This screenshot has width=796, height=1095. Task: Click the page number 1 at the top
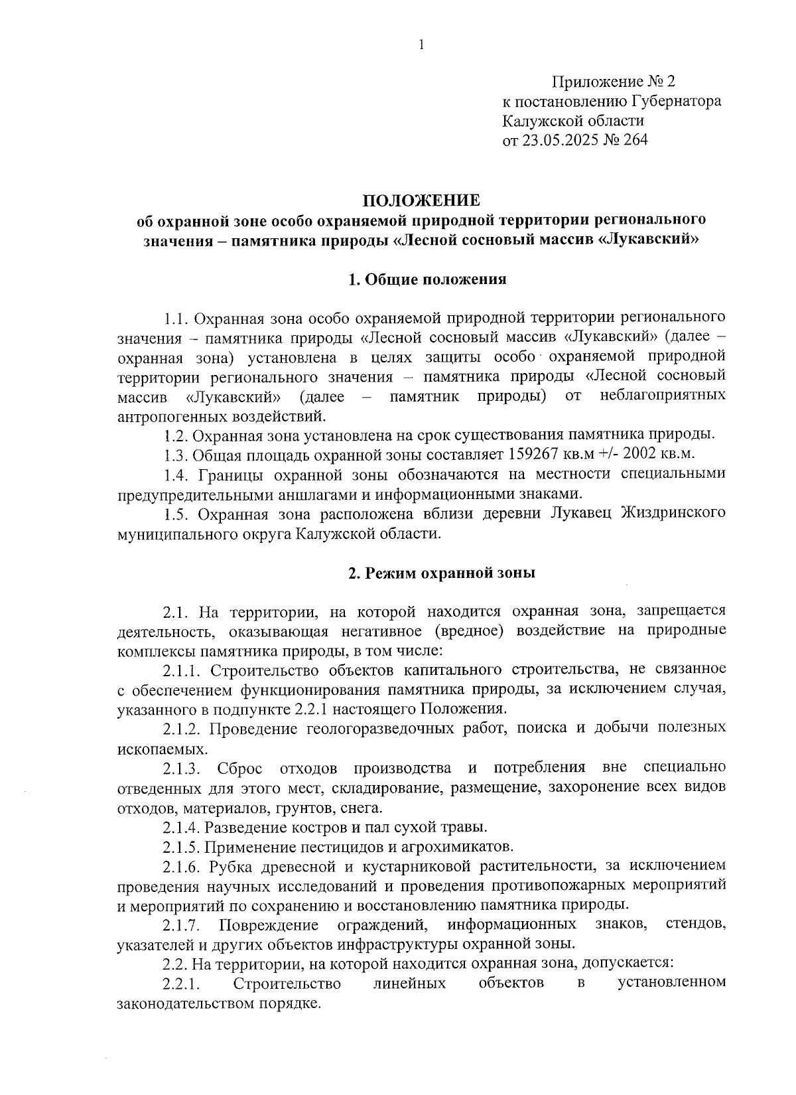(421, 45)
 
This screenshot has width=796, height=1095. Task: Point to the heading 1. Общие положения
(428, 279)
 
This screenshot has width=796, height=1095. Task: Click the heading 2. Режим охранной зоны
(442, 573)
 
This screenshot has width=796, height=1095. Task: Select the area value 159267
(533, 455)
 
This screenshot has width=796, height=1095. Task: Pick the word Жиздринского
(677, 514)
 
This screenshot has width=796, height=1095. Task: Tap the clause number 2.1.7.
(182, 925)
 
